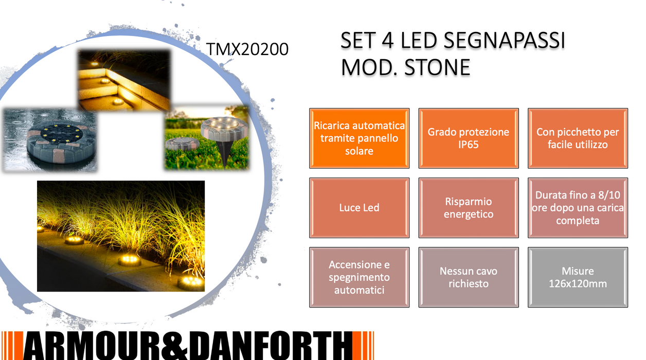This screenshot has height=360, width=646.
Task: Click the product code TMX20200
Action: pos(247,49)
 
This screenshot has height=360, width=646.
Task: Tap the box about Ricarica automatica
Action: pos(359,138)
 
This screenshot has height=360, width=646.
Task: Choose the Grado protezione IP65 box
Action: pos(468,138)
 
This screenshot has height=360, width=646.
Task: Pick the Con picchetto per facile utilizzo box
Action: pos(578,138)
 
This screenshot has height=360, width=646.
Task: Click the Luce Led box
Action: pos(359,208)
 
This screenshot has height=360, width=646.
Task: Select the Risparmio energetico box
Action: pos(468,208)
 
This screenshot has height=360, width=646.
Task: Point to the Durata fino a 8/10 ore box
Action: pos(578,208)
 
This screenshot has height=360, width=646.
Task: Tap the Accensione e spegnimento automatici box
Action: pos(359,277)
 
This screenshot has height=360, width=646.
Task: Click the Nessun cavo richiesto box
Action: pos(468,277)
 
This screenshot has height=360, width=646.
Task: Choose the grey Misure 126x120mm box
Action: pos(578,277)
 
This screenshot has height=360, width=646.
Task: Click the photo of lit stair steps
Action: pos(124,80)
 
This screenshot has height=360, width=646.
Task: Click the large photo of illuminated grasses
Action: pos(121,236)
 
